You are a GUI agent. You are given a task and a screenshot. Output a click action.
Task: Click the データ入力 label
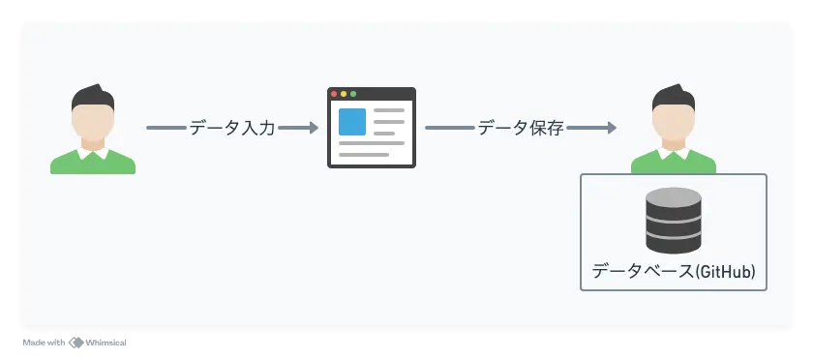tap(232, 128)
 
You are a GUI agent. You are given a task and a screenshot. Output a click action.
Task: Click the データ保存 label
tap(521, 128)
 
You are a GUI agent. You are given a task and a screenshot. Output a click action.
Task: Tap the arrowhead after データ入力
tap(313, 128)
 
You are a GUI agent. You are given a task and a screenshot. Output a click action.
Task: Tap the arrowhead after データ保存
tap(611, 128)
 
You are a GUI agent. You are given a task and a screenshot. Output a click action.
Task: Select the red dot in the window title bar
tap(335, 94)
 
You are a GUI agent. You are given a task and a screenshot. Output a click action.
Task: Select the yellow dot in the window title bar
tap(344, 94)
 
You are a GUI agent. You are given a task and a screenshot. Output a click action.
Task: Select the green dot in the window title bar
tap(353, 94)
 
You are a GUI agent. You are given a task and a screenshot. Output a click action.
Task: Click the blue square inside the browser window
tap(352, 122)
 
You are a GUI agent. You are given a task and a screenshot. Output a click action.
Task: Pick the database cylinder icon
tap(674, 221)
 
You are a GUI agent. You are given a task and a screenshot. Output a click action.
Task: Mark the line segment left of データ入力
tap(166, 128)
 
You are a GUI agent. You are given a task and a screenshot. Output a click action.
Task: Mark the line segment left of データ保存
tap(449, 128)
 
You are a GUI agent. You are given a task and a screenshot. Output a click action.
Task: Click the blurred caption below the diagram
tap(77, 341)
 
